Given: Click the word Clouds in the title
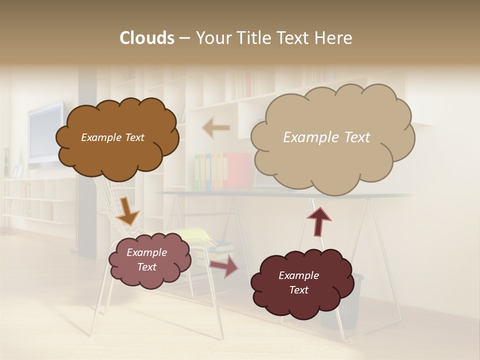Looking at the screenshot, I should [x=147, y=38].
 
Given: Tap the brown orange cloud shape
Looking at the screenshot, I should [x=117, y=155].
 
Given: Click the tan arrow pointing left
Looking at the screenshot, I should [x=216, y=128].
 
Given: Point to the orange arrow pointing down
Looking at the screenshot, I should [x=128, y=212].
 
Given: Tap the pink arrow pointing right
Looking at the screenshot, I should [x=224, y=267].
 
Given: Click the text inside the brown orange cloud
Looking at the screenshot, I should [x=112, y=137].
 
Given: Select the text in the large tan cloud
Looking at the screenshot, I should [x=326, y=137].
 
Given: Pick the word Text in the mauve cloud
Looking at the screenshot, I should [x=147, y=267].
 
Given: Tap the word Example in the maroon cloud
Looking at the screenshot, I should [x=298, y=275].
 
